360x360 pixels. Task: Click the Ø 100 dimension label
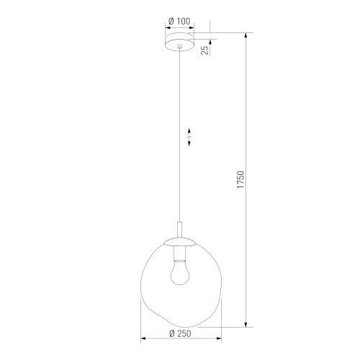click(x=179, y=21)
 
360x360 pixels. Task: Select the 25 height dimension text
click(x=204, y=50)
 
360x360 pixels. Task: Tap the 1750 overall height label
click(x=240, y=179)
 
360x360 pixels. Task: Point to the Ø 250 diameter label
click(x=180, y=333)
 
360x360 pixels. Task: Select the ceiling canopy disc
click(x=179, y=42)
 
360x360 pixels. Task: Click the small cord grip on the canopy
click(x=179, y=46)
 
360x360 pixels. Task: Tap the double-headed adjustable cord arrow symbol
click(x=189, y=138)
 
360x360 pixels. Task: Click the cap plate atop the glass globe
click(x=179, y=242)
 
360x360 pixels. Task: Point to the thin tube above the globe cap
click(x=179, y=230)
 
